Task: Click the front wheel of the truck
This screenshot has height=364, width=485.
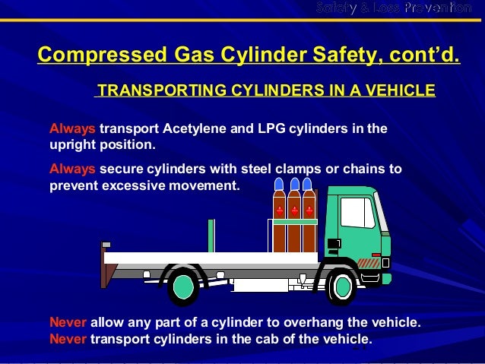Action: click(343, 285)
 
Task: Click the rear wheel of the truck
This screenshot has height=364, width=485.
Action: click(183, 285)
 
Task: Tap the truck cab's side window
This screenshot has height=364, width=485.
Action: click(357, 213)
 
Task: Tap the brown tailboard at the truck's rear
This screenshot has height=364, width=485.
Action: click(103, 265)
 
